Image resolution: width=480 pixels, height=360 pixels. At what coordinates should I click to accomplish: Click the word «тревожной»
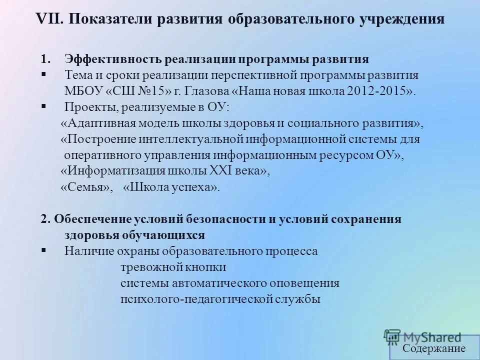(145, 267)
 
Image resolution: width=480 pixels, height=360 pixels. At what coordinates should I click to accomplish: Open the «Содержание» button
(434, 348)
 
